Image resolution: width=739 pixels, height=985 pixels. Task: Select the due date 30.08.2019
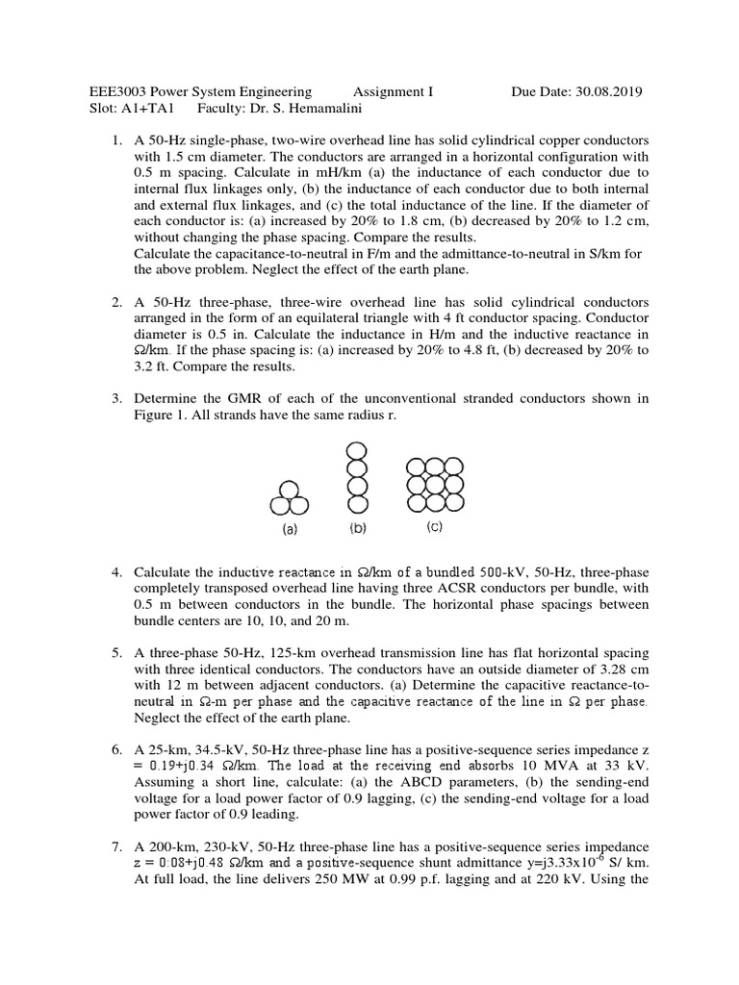607,92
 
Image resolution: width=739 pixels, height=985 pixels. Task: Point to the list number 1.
116,140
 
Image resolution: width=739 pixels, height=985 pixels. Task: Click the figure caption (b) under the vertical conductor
357,528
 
